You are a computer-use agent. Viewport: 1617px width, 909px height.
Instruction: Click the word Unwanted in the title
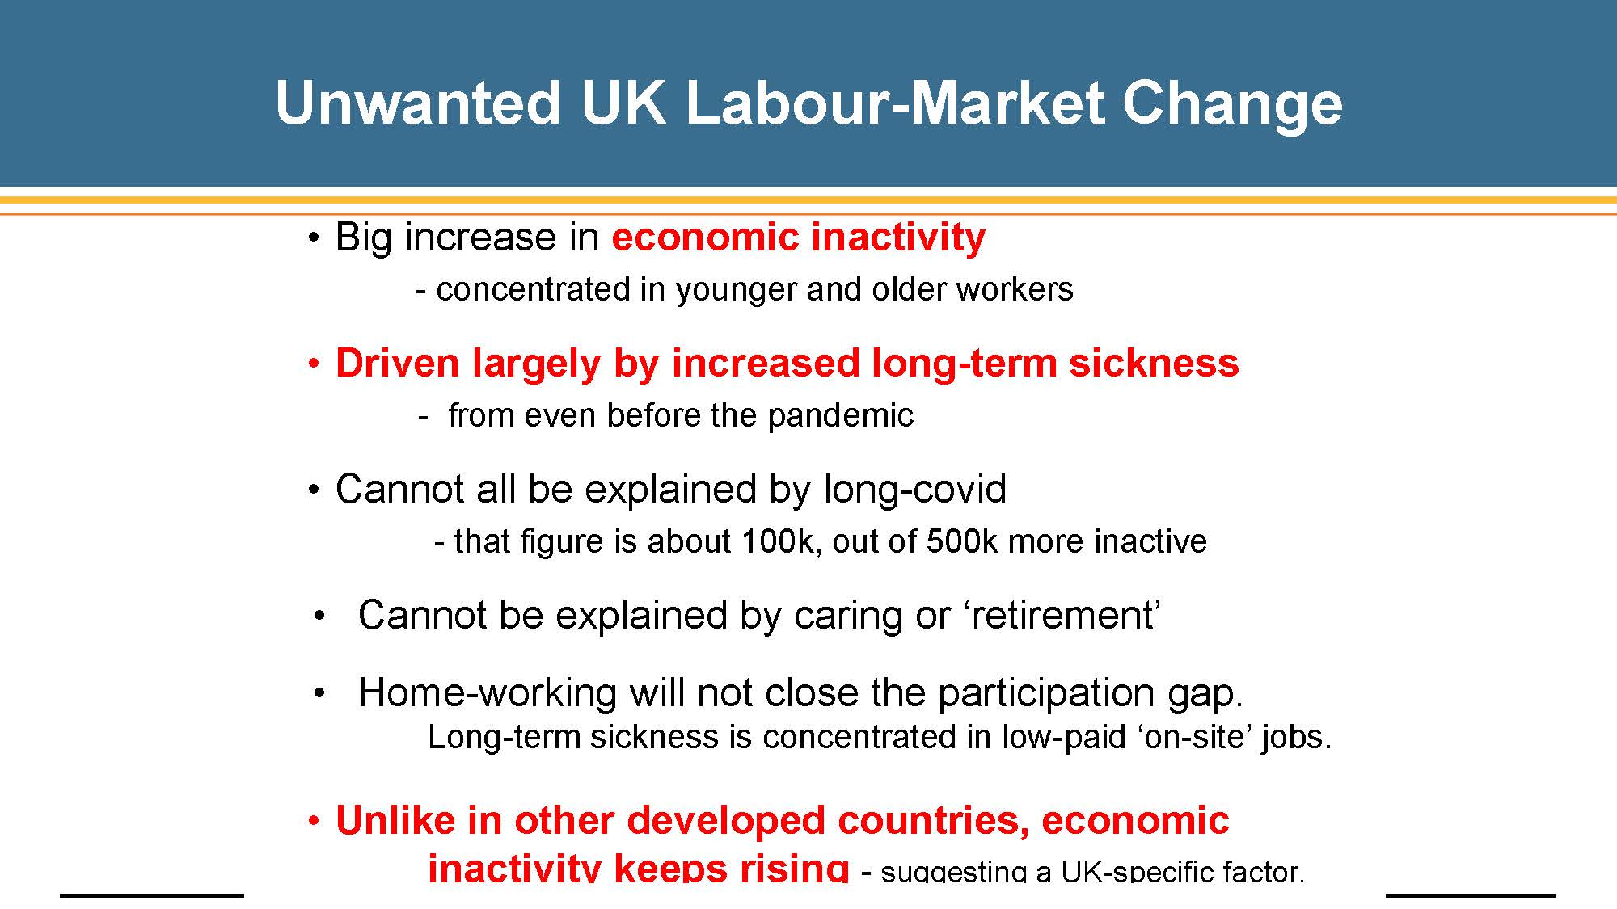pyautogui.click(x=417, y=103)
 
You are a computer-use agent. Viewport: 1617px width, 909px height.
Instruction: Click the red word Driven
pyautogui.click(x=398, y=363)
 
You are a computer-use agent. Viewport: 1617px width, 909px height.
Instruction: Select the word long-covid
pyautogui.click(x=914, y=490)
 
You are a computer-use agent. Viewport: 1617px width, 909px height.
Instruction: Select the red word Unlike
pyautogui.click(x=395, y=820)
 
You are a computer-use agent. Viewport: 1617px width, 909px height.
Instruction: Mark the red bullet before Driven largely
pyautogui.click(x=315, y=364)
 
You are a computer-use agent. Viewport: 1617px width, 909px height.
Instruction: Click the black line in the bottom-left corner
pyautogui.click(x=152, y=895)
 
